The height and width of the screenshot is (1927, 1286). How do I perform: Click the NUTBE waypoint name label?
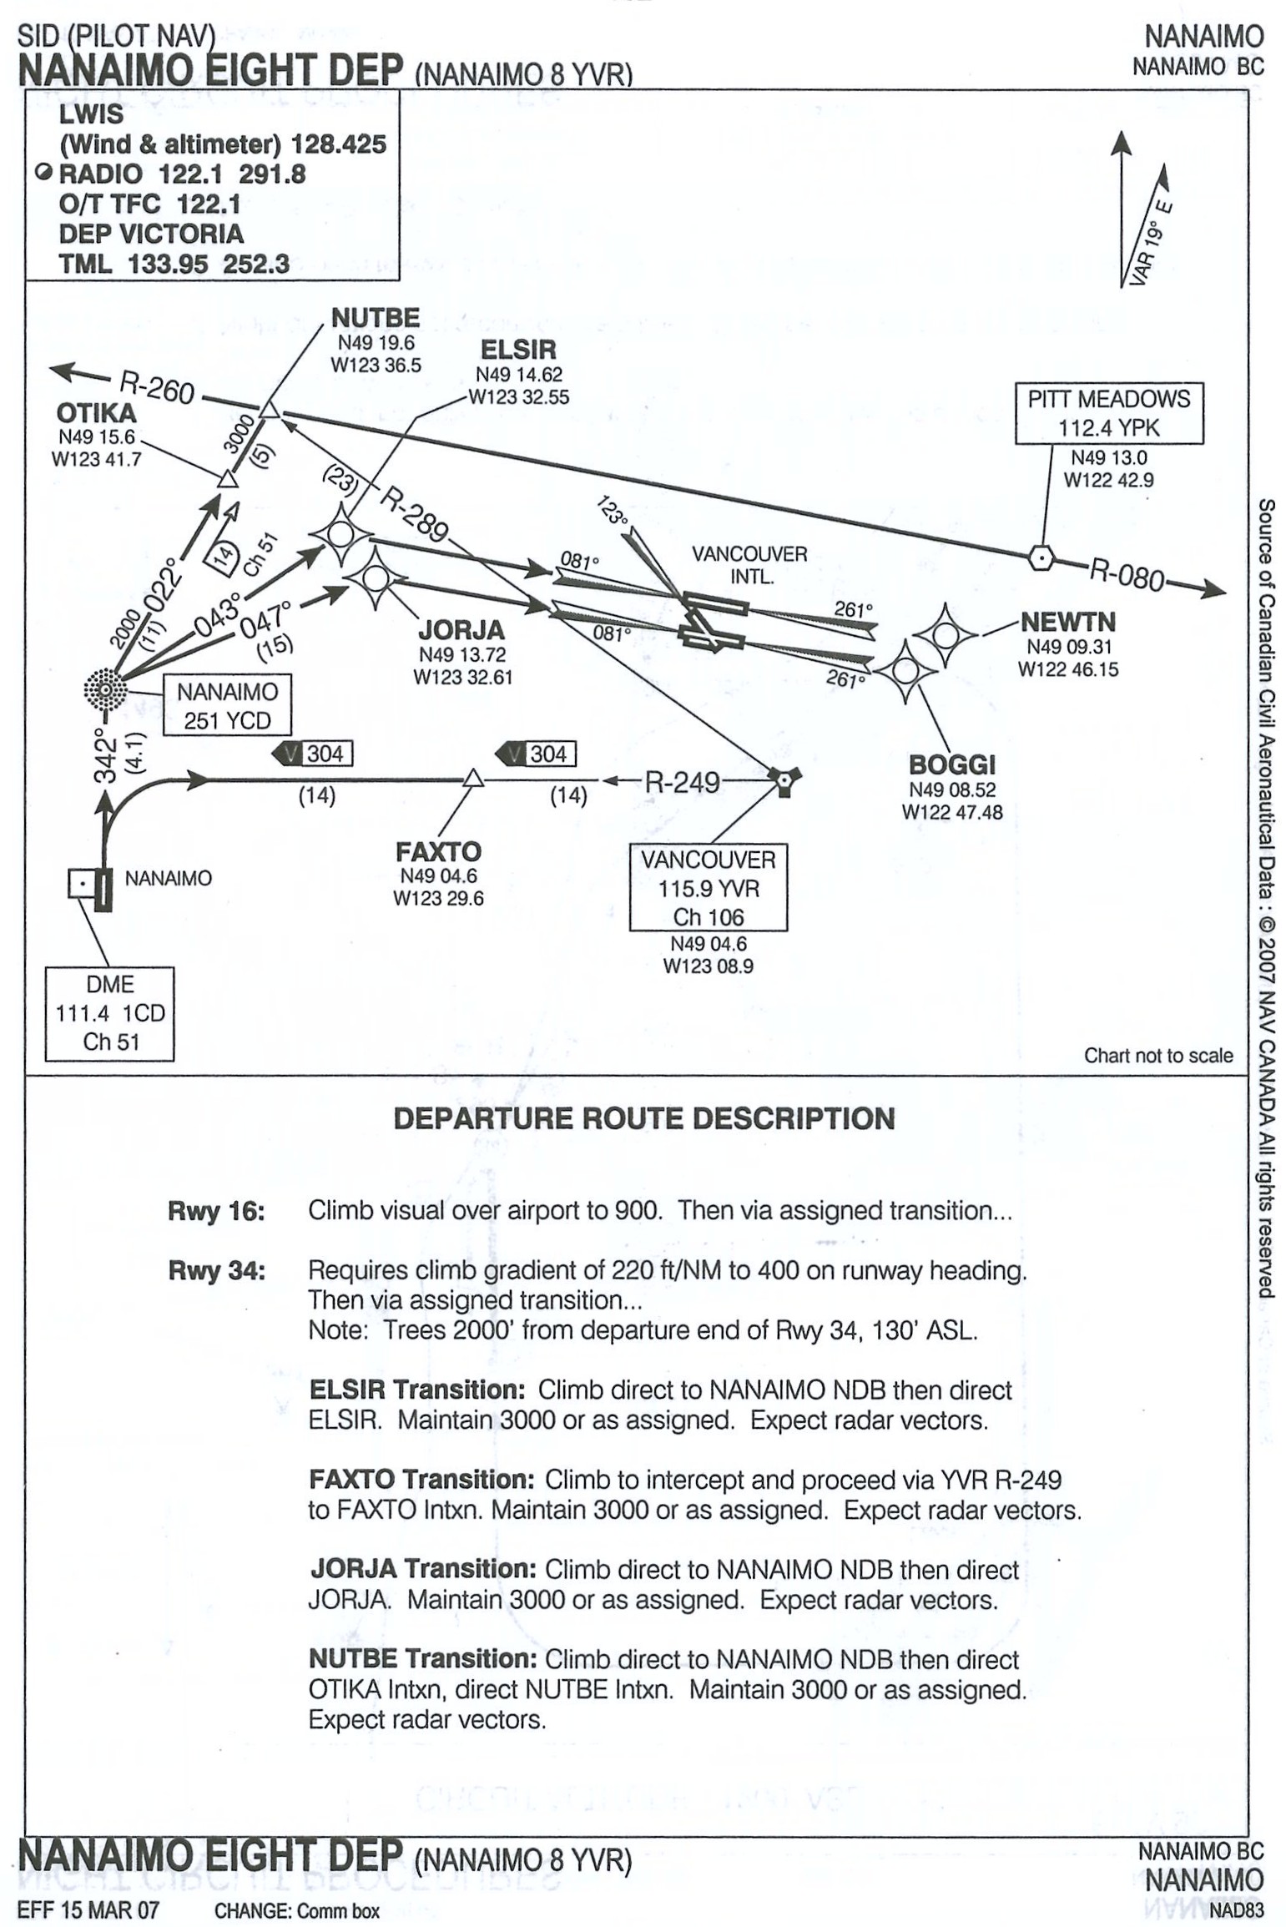(x=375, y=318)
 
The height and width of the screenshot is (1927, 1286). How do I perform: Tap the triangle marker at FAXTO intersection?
(x=473, y=779)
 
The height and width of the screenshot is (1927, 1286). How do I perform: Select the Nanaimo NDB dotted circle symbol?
(x=106, y=690)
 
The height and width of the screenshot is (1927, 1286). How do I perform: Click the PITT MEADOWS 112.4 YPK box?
(x=1108, y=413)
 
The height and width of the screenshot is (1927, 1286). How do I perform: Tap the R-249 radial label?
(x=682, y=782)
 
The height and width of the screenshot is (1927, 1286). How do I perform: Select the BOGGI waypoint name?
(x=951, y=764)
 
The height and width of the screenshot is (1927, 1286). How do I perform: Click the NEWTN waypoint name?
(x=1067, y=622)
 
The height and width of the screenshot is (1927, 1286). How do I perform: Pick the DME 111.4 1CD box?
(x=109, y=1013)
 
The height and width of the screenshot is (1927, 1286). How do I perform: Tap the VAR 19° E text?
(x=1151, y=242)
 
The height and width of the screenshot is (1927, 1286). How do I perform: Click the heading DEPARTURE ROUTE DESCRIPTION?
(x=643, y=1118)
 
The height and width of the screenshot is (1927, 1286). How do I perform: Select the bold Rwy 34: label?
(x=216, y=1271)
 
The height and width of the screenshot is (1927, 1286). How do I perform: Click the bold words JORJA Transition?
(x=422, y=1569)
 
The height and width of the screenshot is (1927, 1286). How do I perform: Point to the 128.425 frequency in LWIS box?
(x=338, y=144)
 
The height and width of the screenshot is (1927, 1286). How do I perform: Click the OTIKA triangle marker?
(x=227, y=480)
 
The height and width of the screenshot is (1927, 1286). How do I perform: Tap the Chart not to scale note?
(x=1157, y=1055)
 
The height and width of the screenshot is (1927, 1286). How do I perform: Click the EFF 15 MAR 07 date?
(x=88, y=1909)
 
